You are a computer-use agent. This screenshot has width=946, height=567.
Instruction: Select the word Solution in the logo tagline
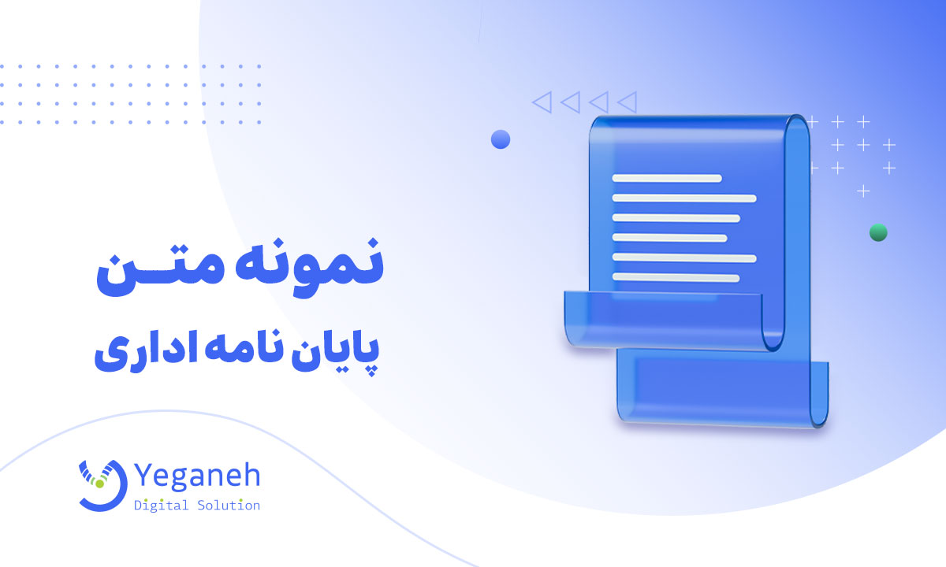pyautogui.click(x=229, y=506)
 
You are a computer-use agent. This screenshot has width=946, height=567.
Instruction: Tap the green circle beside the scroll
pyautogui.click(x=878, y=232)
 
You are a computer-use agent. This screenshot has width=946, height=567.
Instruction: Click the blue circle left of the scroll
pyautogui.click(x=501, y=140)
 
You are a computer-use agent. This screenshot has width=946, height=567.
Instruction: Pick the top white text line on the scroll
pyautogui.click(x=667, y=178)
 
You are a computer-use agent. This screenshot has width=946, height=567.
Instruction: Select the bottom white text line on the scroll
pyautogui.click(x=676, y=277)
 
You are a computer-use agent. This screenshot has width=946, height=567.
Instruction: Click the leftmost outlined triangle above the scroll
pyautogui.click(x=541, y=101)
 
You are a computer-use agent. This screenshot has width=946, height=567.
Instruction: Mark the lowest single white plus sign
pyautogui.click(x=864, y=191)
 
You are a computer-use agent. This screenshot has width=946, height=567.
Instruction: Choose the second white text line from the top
pyautogui.click(x=684, y=198)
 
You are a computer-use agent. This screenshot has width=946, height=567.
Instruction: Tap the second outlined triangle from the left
pyautogui.click(x=569, y=101)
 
